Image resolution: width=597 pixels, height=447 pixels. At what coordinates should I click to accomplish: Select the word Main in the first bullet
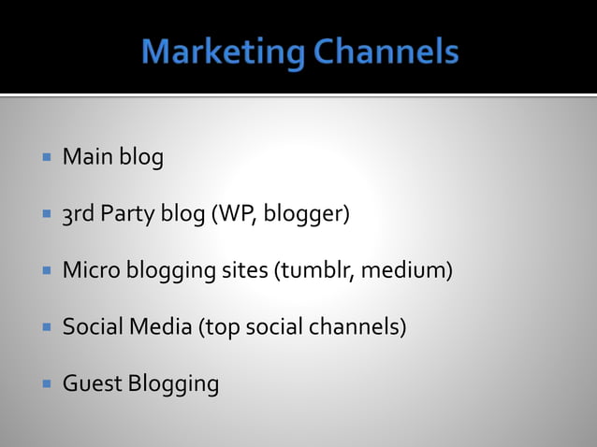click(87, 158)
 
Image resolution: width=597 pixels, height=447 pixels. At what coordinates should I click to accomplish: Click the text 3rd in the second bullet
click(79, 214)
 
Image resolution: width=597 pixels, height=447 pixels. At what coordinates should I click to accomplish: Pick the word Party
click(128, 215)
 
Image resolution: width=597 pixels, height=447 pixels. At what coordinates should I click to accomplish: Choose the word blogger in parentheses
click(303, 215)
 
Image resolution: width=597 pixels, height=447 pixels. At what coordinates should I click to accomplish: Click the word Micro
click(88, 271)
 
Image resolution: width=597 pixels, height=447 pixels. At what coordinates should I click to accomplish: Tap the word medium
click(406, 271)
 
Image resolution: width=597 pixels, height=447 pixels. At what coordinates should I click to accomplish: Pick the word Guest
click(91, 383)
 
